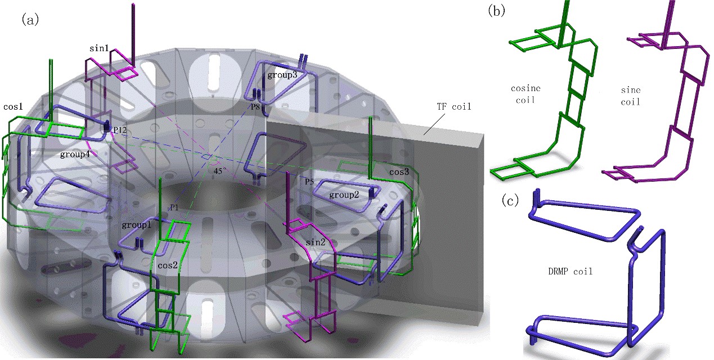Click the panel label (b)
pos(496,11)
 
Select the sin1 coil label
pos(99,48)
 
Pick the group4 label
pos(75,152)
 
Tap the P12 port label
pos(119,130)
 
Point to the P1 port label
pos(174,208)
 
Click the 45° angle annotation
pos(221,169)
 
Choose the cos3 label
pos(399,172)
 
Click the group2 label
pos(344,195)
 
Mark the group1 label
pos(137,224)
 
